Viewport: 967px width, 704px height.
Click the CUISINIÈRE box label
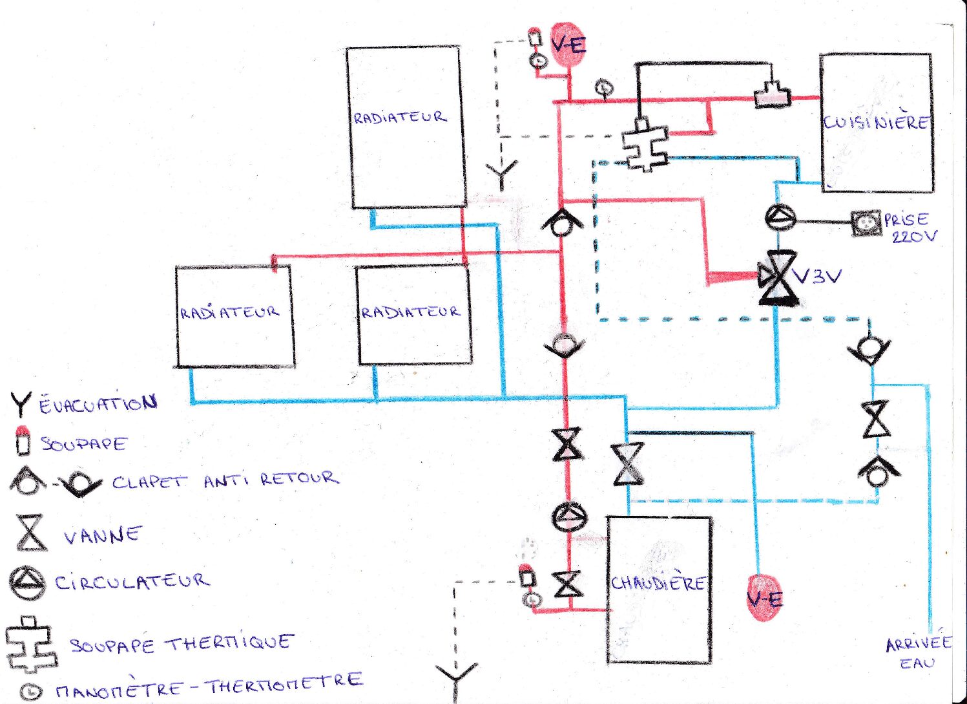pos(876,122)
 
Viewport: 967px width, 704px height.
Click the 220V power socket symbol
pos(866,223)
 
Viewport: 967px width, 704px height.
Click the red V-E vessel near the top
pos(568,45)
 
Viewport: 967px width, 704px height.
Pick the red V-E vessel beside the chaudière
pos(764,599)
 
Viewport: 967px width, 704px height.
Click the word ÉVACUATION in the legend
pos(98,405)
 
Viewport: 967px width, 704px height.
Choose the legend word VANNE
pos(102,535)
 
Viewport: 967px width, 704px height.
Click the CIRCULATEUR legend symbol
pos(28,582)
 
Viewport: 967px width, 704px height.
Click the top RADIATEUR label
pos(400,118)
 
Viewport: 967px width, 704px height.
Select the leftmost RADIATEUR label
pos(229,313)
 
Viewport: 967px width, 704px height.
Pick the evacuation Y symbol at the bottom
pos(456,677)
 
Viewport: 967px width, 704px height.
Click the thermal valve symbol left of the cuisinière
pos(645,147)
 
